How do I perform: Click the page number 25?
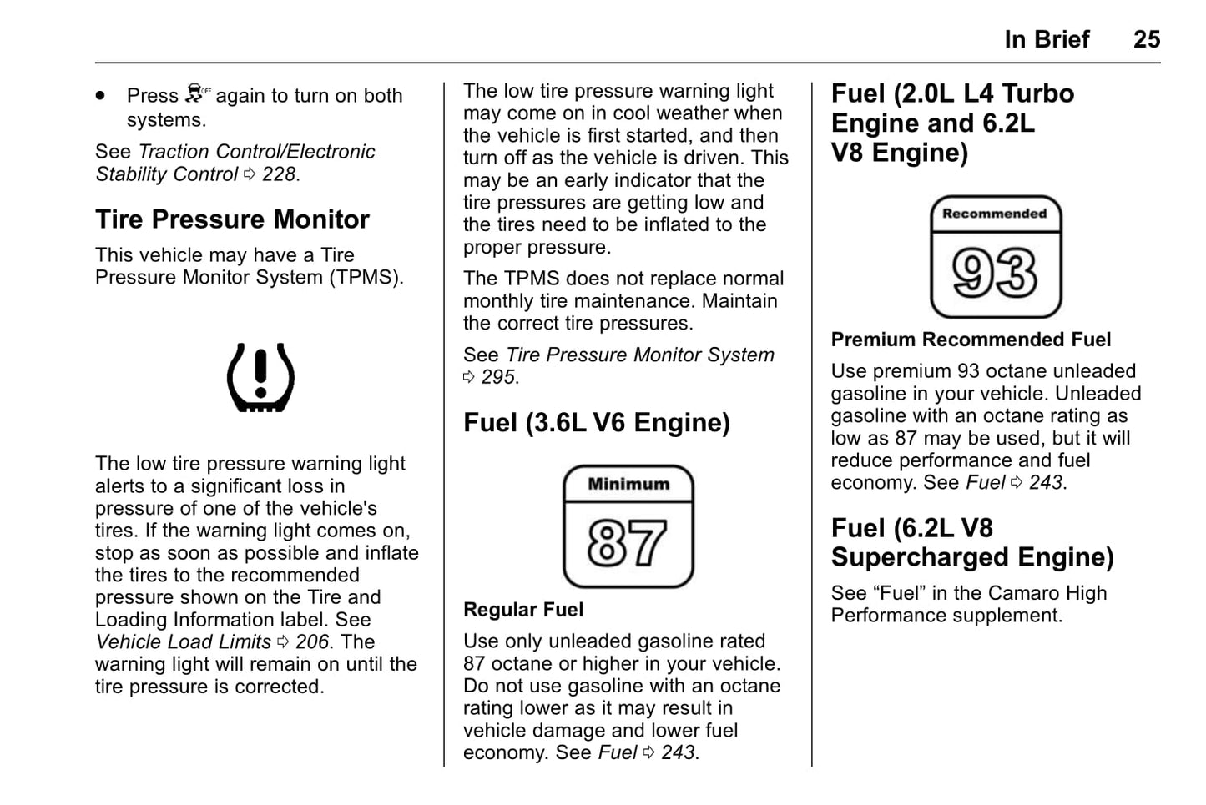click(x=1146, y=39)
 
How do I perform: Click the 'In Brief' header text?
click(x=1047, y=39)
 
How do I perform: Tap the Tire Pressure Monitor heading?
click(x=232, y=219)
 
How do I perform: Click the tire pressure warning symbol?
click(x=260, y=377)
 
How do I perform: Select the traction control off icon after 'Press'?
click(x=198, y=93)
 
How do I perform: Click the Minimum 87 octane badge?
click(x=628, y=526)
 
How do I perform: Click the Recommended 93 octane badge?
click(x=995, y=257)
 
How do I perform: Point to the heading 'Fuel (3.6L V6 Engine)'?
click(x=596, y=423)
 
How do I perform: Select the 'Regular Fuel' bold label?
click(x=523, y=610)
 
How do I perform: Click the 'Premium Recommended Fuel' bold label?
click(x=971, y=340)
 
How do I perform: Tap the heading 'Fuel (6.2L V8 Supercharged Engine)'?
click(x=971, y=542)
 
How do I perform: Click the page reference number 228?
click(x=280, y=174)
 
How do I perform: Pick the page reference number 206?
click(x=313, y=642)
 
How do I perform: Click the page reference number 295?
click(x=499, y=377)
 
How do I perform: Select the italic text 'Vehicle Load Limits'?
click(x=183, y=642)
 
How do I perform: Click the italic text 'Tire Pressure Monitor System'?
click(x=639, y=355)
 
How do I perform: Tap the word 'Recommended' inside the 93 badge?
click(x=994, y=214)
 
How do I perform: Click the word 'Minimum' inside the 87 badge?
click(x=628, y=484)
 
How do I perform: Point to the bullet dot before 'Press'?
click(x=101, y=96)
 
